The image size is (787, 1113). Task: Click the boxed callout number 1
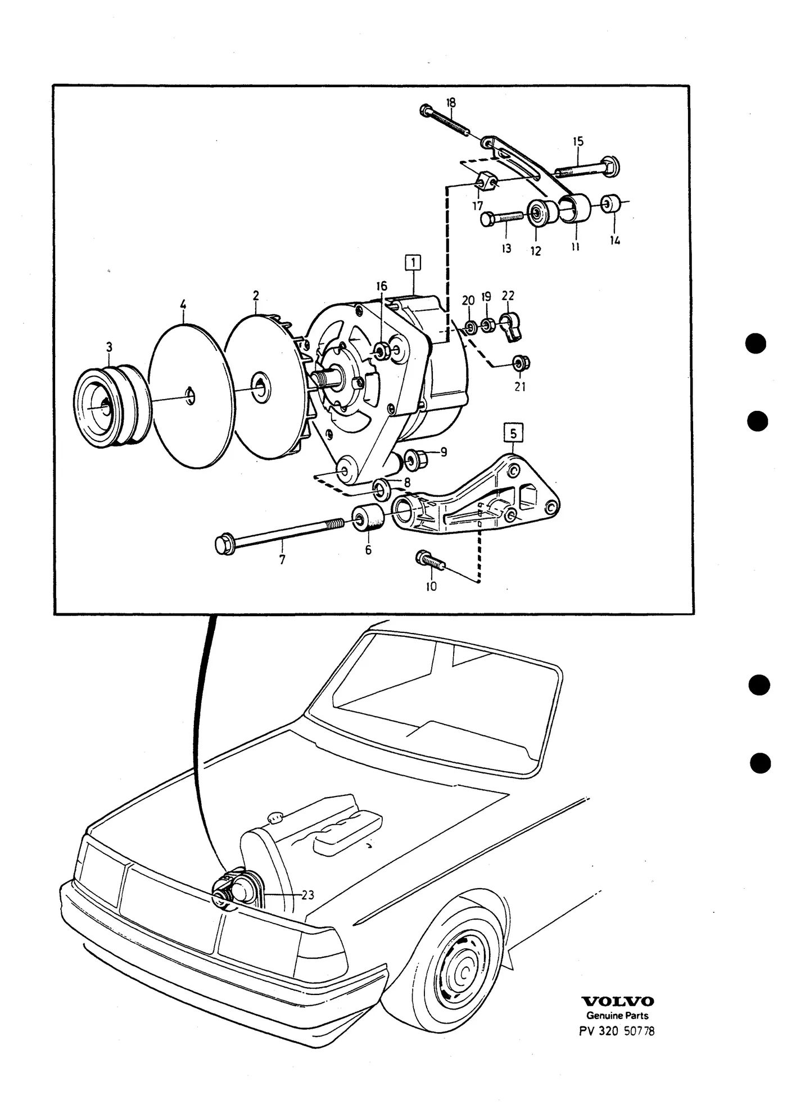413,263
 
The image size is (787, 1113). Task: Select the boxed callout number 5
513,433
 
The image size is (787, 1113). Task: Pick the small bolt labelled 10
430,560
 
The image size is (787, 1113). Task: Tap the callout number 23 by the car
307,894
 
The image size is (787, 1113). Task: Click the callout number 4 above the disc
183,305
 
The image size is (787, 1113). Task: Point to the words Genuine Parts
617,1016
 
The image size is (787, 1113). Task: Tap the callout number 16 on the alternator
382,286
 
